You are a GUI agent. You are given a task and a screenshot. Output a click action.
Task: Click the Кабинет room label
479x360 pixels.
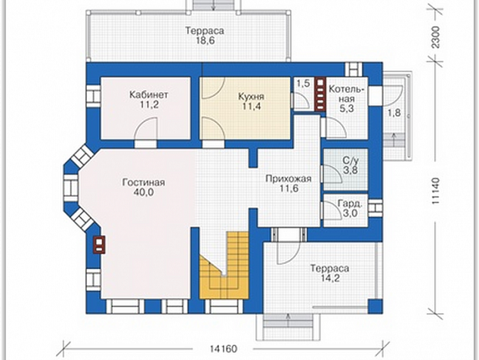(149, 95)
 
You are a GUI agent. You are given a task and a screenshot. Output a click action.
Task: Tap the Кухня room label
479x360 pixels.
(251, 97)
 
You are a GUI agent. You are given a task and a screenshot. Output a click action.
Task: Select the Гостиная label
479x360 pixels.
(144, 182)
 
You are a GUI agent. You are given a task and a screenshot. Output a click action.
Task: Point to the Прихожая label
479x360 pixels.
(288, 178)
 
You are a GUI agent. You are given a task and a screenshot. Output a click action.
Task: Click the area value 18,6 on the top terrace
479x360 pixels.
(205, 41)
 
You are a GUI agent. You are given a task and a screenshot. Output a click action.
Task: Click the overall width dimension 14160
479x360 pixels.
(224, 349)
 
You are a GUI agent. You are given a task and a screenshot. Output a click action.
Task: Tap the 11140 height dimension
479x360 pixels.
(436, 191)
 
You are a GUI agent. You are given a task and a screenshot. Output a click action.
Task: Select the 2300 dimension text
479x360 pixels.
(436, 37)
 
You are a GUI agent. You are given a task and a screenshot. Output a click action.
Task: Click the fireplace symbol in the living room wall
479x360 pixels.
(99, 245)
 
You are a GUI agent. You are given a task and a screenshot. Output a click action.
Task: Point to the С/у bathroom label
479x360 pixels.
(351, 160)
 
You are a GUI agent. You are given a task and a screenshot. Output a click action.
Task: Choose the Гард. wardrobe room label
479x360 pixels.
(350, 203)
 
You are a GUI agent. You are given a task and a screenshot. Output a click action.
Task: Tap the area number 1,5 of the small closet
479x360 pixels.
(304, 83)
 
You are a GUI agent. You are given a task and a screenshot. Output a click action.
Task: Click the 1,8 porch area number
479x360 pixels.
(394, 113)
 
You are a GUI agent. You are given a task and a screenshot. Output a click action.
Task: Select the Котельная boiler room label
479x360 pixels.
(347, 95)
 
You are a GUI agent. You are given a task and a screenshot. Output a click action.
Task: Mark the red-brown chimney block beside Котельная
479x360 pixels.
(320, 95)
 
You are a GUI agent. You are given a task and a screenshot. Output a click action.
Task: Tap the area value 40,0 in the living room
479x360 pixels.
(144, 192)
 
